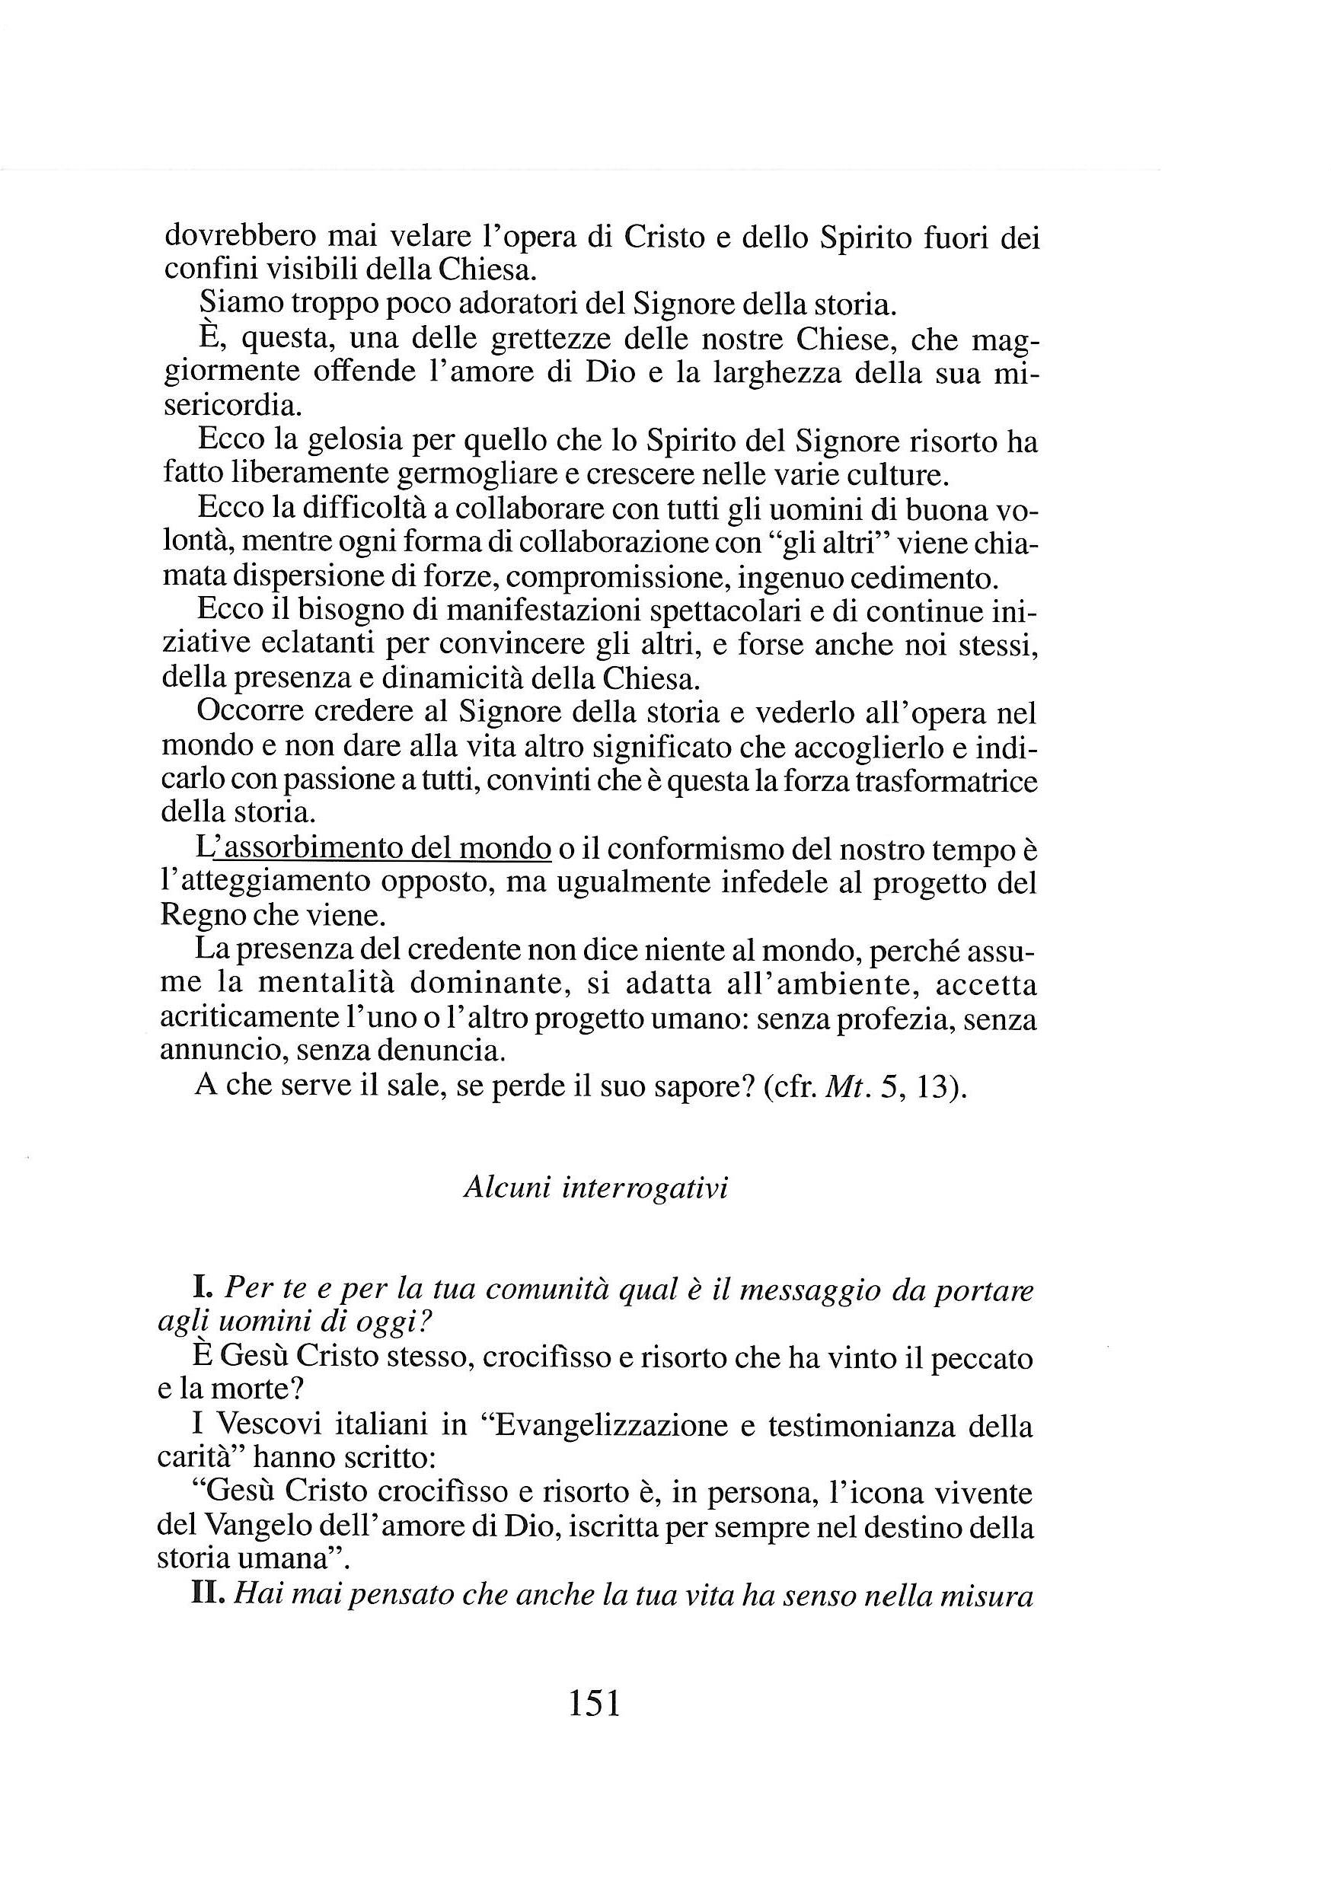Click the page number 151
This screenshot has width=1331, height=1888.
594,1703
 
